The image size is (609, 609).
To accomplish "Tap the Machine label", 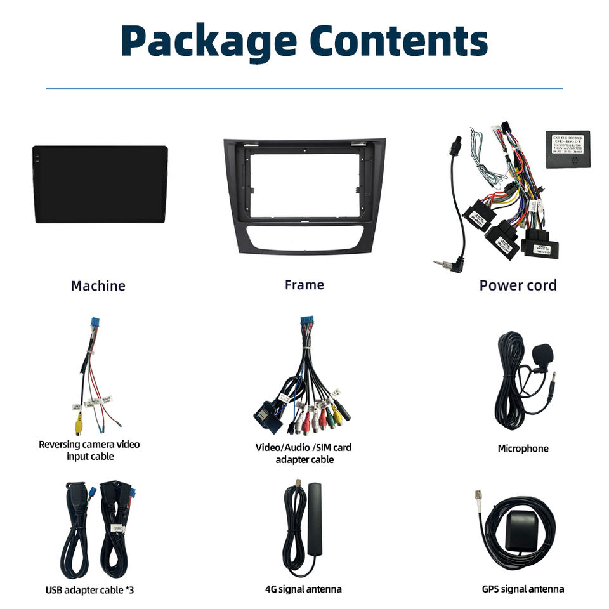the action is point(98,285).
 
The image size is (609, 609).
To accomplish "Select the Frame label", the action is point(304,285).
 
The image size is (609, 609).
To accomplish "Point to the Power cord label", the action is point(518,285).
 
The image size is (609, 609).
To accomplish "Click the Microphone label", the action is point(523,449).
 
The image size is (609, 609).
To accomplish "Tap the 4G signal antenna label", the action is point(303,589).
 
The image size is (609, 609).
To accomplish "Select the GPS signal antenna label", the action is point(523,589).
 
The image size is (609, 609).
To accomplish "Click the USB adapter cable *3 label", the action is point(89,590).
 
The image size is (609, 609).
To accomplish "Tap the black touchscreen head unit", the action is point(100,184).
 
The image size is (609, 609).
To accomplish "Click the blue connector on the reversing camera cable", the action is point(95,324).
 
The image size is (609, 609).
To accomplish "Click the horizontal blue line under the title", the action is point(304,89).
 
